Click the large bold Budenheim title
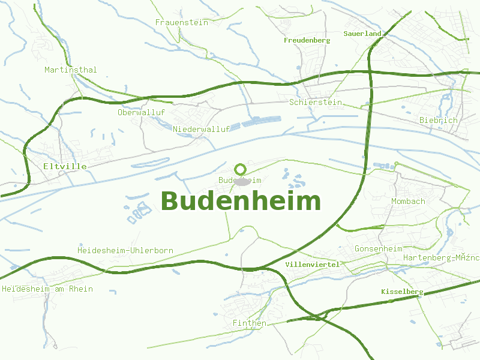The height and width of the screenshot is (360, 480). click(241, 201)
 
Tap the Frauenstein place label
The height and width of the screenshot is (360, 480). click(181, 22)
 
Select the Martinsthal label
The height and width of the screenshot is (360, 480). click(70, 70)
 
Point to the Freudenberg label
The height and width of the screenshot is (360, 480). click(307, 40)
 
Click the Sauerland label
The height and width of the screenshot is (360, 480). click(362, 34)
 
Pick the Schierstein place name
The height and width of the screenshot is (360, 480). click(315, 102)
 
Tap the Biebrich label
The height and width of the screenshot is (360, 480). click(438, 120)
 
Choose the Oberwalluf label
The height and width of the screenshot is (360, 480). click(141, 112)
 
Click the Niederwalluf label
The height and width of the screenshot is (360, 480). click(201, 129)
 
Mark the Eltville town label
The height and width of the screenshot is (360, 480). click(65, 166)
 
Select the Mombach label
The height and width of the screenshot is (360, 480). click(408, 201)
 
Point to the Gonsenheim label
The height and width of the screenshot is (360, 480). click(378, 248)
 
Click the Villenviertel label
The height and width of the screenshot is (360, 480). click(312, 264)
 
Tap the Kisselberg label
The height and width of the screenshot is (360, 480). click(402, 292)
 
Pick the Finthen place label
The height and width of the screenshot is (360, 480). click(249, 323)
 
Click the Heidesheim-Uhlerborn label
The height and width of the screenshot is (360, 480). click(125, 250)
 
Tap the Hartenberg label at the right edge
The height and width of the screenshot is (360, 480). click(441, 257)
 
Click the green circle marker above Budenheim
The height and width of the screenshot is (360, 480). click(241, 169)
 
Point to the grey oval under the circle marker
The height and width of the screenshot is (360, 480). click(242, 181)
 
